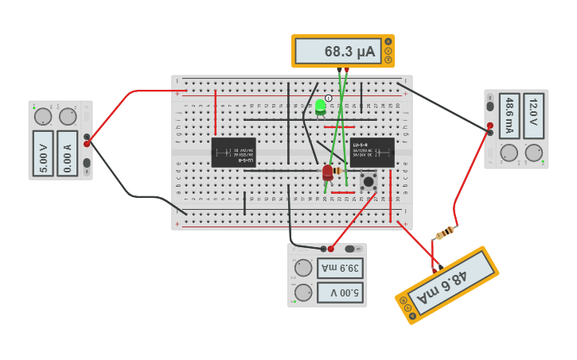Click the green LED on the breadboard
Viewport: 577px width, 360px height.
[x=320, y=106]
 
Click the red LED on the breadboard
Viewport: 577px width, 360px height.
[x=327, y=172]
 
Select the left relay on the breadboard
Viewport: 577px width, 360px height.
[x=233, y=153]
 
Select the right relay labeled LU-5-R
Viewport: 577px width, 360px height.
[x=372, y=153]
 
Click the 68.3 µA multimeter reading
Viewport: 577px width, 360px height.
[x=338, y=52]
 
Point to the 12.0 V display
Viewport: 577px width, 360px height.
[x=533, y=116]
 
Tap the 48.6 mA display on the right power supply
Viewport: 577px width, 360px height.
[x=510, y=116]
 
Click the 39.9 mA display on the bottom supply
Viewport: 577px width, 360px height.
[x=340, y=268]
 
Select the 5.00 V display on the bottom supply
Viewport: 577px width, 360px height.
[x=340, y=293]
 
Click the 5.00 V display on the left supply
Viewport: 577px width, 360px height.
[x=43, y=153]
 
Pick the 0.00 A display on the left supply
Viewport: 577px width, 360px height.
[x=68, y=153]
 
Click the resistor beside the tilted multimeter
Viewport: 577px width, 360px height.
[x=446, y=232]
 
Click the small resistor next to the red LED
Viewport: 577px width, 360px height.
[x=337, y=171]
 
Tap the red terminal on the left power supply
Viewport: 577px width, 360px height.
[x=87, y=144]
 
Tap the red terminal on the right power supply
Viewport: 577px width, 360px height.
[x=489, y=126]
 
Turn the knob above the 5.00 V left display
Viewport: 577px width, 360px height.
[x=43, y=117]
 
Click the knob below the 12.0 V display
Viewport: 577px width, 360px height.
[x=533, y=153]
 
